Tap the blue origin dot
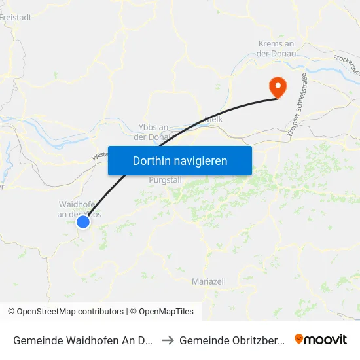pos(83,222)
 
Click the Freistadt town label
pos(17,18)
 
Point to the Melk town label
pos(214,120)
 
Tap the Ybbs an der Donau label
pos(153,132)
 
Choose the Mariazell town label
pos(209,281)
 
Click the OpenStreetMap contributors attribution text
pos(69,312)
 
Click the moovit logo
pos(321,340)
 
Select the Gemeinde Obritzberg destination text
pos(232,340)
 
